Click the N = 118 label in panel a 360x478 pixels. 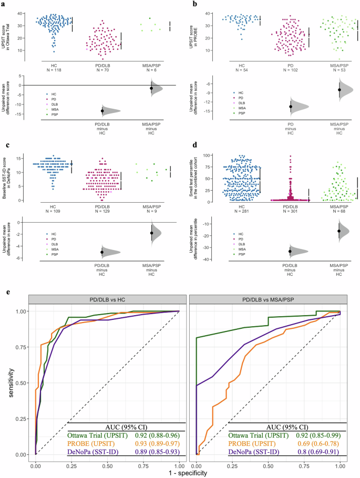pos(54,69)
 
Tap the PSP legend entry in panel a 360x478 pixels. pos(50,113)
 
